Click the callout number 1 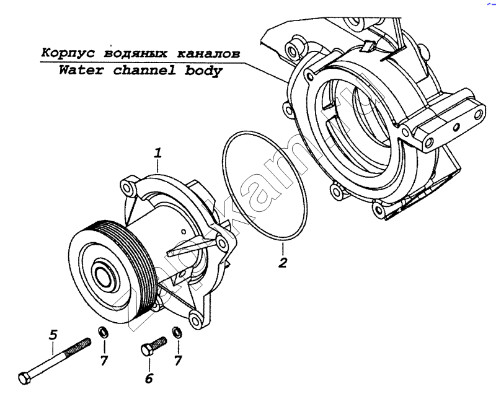click(x=158, y=152)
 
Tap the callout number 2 click(x=282, y=261)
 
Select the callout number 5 click(x=53, y=335)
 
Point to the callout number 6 click(x=149, y=379)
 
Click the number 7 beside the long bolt click(x=104, y=360)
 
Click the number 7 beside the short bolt click(x=178, y=360)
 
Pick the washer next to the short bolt click(x=177, y=333)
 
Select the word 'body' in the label click(x=205, y=70)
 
